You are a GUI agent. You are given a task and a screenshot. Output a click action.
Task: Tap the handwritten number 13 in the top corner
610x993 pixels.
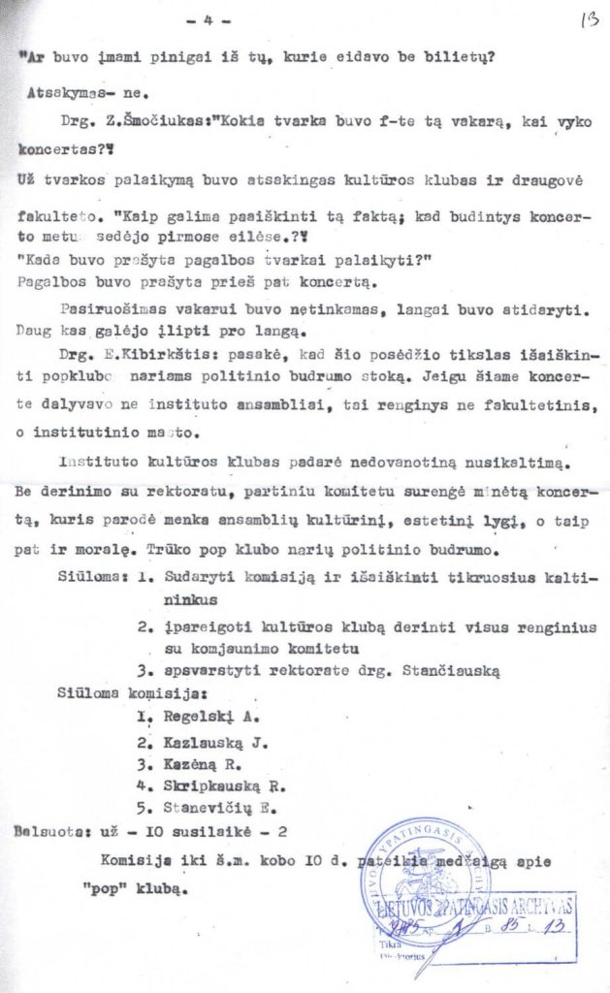click(586, 18)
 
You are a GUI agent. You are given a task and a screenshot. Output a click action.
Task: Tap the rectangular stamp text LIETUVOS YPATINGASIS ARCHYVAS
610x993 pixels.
click(475, 907)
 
